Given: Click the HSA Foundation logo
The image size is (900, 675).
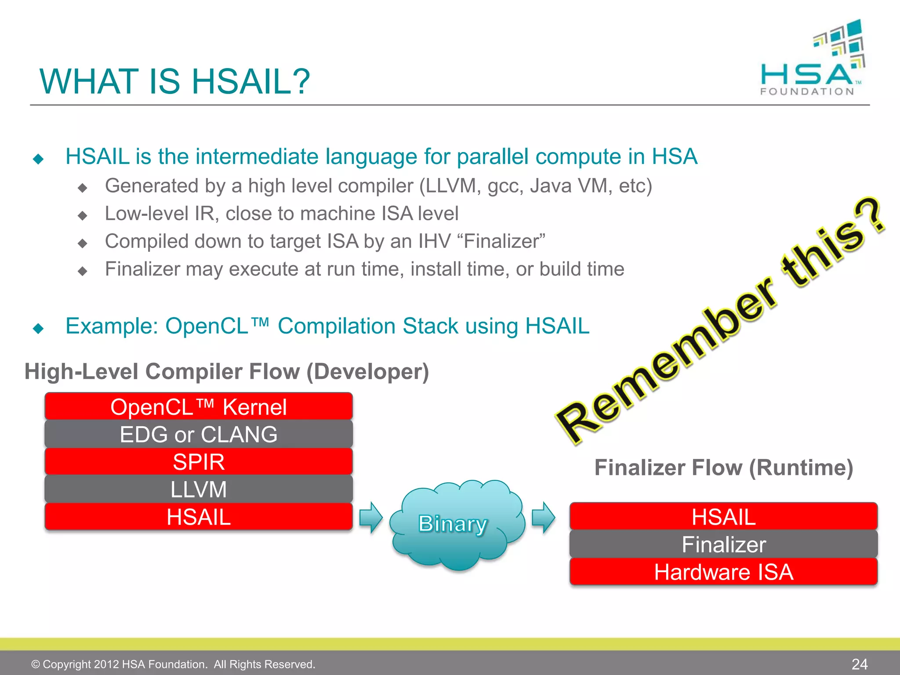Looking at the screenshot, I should pos(812,59).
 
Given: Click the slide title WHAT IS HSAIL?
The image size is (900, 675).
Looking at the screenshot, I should pos(174,82).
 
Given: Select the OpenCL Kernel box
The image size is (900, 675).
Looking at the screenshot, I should pos(199,406).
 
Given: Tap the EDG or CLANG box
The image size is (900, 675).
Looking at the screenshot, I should pos(199,434).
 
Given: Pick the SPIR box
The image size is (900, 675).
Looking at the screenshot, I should pos(199,462).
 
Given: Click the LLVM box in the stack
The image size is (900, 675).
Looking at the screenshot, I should pos(199,489).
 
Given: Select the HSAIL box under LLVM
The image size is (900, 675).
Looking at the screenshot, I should pos(199,517).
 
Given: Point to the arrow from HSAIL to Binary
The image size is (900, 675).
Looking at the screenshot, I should pos(371,517).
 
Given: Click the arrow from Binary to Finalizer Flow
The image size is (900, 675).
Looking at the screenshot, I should pos(543,517).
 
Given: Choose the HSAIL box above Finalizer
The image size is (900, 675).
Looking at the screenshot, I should pos(723,517).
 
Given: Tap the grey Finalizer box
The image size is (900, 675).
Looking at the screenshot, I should pos(723,544).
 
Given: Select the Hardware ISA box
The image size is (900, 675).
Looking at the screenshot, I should pos(723,572).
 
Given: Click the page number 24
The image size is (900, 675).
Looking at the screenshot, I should pos(859,664).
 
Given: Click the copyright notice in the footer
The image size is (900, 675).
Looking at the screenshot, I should pos(173,664).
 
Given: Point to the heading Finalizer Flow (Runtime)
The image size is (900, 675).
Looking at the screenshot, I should pos(723,468).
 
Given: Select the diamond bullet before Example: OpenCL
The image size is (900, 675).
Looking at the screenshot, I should pos(39,328).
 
